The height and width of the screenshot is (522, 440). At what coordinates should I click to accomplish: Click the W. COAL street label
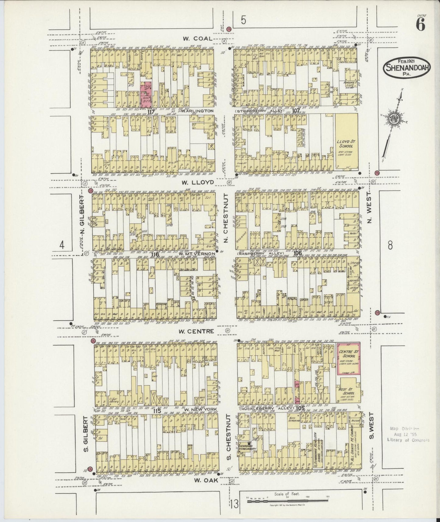pyautogui.click(x=196, y=39)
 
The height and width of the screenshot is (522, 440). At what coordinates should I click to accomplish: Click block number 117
pyautogui.click(x=150, y=111)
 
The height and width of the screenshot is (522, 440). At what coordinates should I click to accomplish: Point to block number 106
pyautogui.click(x=297, y=253)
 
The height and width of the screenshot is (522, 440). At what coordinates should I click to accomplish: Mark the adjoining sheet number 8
pyautogui.click(x=390, y=245)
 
